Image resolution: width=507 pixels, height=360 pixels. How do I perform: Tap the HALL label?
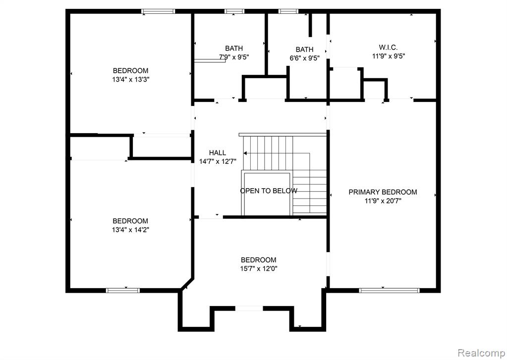(x=218, y=153)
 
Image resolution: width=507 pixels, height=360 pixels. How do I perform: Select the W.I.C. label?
(x=389, y=48)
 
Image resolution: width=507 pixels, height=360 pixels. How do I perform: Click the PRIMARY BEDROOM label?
(x=383, y=192)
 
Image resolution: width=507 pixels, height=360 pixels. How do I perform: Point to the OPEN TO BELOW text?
(x=269, y=191)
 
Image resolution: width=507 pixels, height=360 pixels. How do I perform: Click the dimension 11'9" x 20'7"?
(x=383, y=201)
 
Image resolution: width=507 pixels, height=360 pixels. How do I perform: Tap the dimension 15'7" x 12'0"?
(x=259, y=268)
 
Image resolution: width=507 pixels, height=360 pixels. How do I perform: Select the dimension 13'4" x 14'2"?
(x=130, y=230)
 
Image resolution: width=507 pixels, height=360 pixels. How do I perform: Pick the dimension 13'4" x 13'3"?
(x=130, y=80)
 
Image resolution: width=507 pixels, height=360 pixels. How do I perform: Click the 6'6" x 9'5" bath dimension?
(x=304, y=58)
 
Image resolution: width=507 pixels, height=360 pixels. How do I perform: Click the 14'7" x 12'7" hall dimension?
(x=218, y=161)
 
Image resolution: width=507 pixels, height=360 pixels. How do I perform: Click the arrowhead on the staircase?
(x=246, y=154)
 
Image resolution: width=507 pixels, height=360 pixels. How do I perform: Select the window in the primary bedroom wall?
(x=390, y=291)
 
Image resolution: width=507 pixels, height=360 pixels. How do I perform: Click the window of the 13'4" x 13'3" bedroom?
(x=159, y=11)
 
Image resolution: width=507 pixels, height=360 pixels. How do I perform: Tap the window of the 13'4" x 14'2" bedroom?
(x=123, y=291)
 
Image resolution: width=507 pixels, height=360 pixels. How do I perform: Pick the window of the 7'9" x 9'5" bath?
(x=235, y=11)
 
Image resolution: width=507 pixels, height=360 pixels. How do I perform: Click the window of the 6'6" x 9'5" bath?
(x=288, y=11)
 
